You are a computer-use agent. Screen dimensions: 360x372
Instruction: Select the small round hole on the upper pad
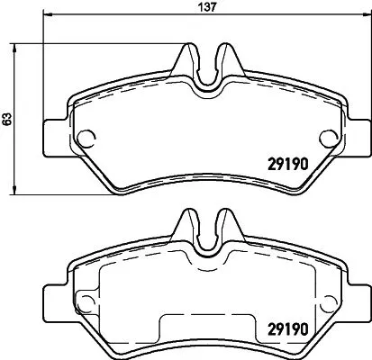tap(87, 138)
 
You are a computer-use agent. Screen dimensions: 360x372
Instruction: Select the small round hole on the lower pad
tap(87, 301)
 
